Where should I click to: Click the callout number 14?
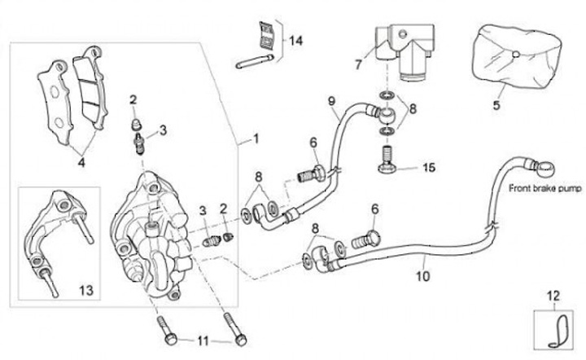coord(295,41)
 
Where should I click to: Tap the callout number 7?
coord(356,63)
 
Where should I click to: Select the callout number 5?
coord(496,104)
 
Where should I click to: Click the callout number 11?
coord(203,340)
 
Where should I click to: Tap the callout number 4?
coord(81,161)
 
